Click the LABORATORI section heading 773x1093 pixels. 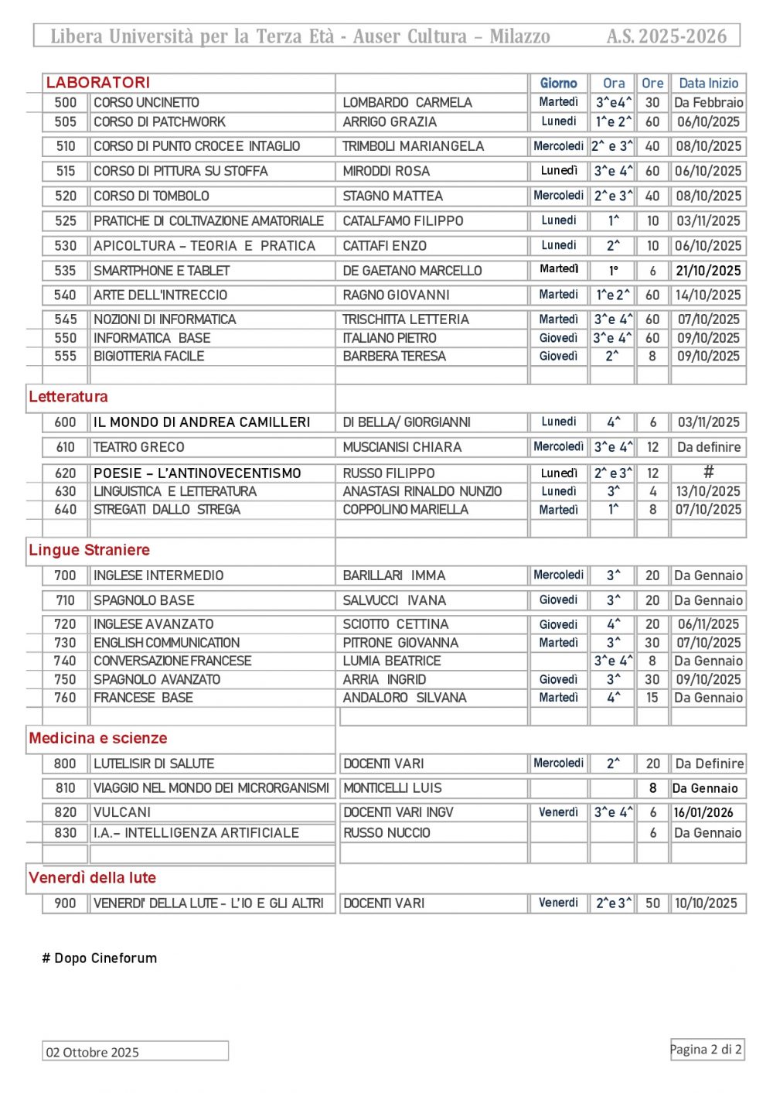click(x=98, y=83)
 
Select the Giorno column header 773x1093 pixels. click(x=558, y=84)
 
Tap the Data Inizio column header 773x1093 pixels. click(x=708, y=84)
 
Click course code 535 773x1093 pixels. click(x=66, y=271)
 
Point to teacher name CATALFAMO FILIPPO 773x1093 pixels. click(x=403, y=221)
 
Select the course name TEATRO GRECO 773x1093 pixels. click(x=139, y=447)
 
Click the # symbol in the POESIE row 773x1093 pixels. click(x=708, y=472)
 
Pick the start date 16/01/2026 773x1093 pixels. click(x=703, y=812)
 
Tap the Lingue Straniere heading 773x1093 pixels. click(x=89, y=550)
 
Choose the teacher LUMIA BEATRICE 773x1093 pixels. click(x=392, y=661)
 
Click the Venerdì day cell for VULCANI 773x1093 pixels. click(x=558, y=812)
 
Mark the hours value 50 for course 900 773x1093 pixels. click(x=652, y=903)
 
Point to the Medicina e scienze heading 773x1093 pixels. click(x=98, y=738)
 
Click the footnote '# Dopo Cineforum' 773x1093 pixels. click(x=100, y=958)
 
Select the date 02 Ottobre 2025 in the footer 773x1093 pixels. click(x=93, y=1052)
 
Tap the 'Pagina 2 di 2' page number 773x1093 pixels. click(x=706, y=1049)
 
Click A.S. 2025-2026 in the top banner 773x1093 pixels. click(x=666, y=36)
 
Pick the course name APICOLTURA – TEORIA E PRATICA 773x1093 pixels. click(x=204, y=246)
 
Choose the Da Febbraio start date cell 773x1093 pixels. click(x=708, y=102)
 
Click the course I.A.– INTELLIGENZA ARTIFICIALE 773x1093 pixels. click(x=196, y=833)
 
